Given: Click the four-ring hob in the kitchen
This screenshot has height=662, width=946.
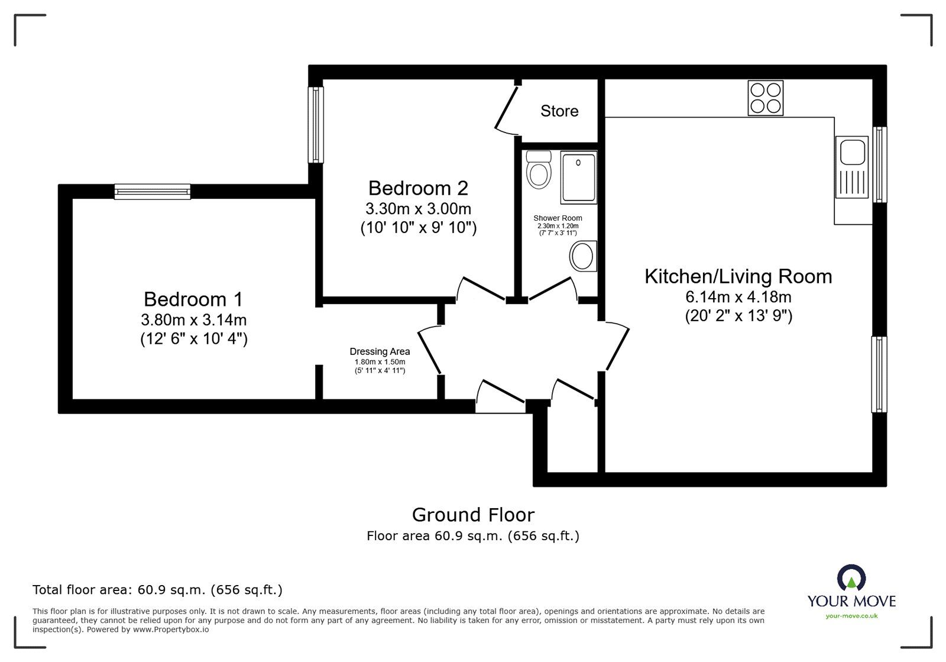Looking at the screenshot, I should click(x=766, y=98).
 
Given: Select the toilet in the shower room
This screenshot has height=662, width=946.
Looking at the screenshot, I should click(x=539, y=169).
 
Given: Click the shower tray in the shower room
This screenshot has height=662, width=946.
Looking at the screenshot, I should click(x=578, y=177).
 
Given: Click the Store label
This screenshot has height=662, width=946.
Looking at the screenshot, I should click(x=559, y=111).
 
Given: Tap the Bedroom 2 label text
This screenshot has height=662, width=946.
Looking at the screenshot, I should click(x=418, y=188).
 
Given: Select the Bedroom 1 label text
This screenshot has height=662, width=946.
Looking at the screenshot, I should click(x=193, y=299).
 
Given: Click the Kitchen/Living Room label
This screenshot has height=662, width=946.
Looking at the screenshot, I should click(x=738, y=276).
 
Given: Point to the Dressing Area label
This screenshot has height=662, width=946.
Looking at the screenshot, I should click(x=380, y=351).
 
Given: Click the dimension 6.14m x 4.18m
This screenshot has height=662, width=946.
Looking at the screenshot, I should click(x=738, y=297).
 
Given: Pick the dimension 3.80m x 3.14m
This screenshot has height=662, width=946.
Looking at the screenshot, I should click(x=193, y=320).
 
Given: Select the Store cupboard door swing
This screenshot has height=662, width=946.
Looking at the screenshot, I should click(x=506, y=110).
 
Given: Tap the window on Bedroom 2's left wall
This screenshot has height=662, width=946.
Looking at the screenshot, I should click(x=318, y=125).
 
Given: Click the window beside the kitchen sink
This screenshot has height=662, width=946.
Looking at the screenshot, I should click(x=880, y=165).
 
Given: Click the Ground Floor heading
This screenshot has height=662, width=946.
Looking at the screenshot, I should click(x=473, y=515).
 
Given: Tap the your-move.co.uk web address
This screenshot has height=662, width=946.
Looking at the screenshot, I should click(x=851, y=616).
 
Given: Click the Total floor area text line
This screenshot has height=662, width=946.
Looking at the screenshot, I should click(x=157, y=590).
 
